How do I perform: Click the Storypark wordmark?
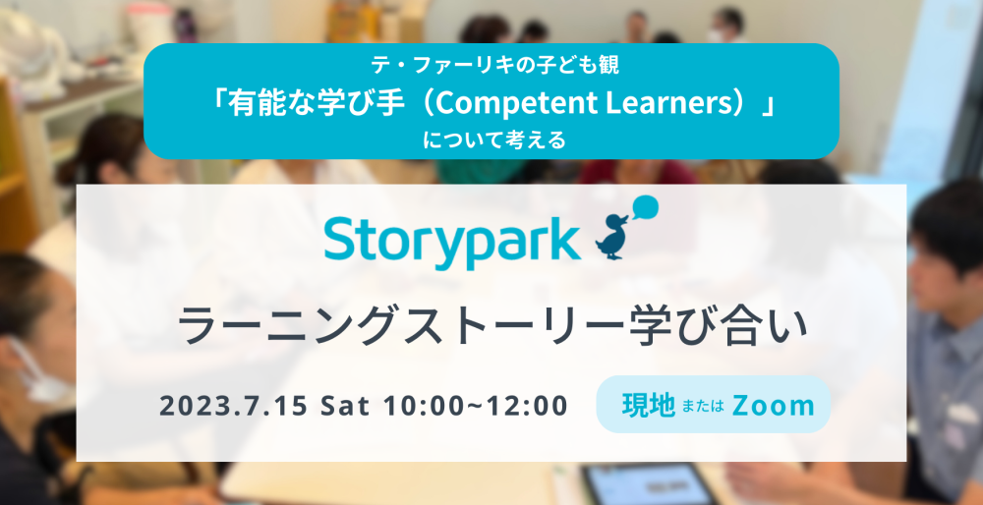(451, 240)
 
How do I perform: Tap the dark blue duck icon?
(612, 236)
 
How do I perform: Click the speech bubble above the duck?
(644, 208)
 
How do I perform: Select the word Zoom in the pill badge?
(773, 406)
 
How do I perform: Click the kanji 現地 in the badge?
(649, 406)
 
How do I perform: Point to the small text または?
(703, 406)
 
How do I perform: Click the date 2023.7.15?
(233, 406)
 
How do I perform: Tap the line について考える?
(494, 140)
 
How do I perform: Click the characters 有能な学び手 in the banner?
(312, 105)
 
